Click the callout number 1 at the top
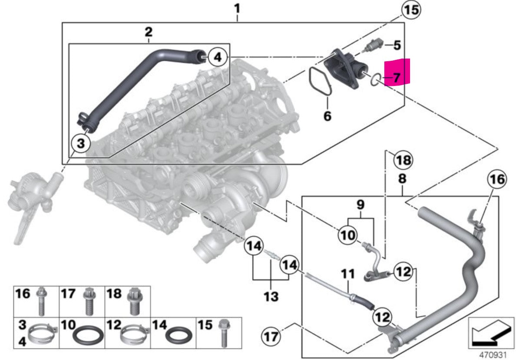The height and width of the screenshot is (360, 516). click(237, 7)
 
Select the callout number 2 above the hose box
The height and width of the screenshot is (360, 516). click(148, 31)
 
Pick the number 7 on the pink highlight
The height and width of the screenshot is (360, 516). click(397, 77)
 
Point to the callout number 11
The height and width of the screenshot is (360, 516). click(348, 274)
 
